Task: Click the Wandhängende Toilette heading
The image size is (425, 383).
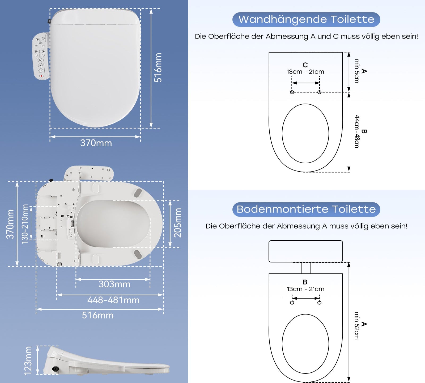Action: click(306, 19)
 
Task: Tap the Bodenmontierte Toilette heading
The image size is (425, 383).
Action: click(306, 209)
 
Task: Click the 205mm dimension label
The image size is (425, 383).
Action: click(178, 223)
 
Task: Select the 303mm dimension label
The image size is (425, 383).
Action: click(114, 284)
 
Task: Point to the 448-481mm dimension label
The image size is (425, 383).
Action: click(113, 300)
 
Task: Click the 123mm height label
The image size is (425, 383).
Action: click(28, 361)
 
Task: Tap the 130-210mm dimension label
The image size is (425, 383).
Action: click(25, 224)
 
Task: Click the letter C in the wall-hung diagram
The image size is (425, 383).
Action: click(305, 65)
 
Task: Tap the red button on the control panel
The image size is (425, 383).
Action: click(41, 76)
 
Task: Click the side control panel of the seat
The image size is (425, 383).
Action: click(41, 56)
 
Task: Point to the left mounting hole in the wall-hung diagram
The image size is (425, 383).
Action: click(292, 92)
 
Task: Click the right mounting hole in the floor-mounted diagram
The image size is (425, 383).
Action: click(319, 303)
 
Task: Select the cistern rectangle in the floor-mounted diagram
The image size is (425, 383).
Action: click(305, 251)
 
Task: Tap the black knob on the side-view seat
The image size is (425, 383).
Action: click(56, 369)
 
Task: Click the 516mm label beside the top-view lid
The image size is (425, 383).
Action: click(158, 68)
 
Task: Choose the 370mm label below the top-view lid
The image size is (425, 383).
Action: click(96, 143)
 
